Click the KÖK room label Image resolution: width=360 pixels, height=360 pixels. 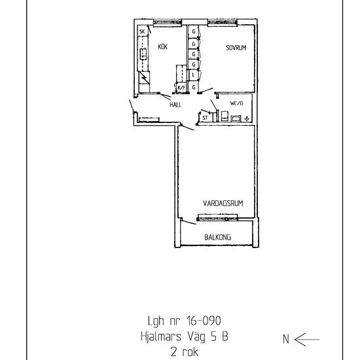(x=163, y=46)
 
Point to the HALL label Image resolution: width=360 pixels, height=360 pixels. (x=175, y=105)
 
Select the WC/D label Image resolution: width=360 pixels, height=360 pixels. (x=236, y=103)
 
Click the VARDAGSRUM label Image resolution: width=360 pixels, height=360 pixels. (x=223, y=204)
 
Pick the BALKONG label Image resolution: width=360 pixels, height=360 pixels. (x=217, y=237)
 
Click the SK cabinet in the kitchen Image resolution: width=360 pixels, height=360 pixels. (x=142, y=31)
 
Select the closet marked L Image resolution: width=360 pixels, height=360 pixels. (x=194, y=75)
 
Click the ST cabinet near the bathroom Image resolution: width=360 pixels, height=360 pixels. (x=205, y=118)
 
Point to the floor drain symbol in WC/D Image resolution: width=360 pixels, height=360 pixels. (x=246, y=118)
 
